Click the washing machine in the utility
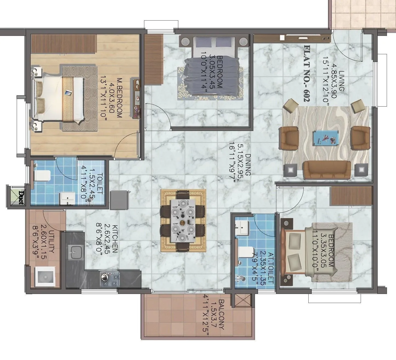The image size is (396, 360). (45, 277)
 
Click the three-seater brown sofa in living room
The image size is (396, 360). (327, 170)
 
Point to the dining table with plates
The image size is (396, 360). (183, 221)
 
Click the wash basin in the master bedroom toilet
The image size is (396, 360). (67, 198)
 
